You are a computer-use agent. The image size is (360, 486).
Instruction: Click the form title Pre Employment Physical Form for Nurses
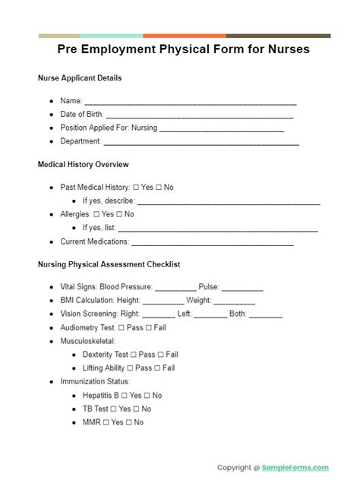click(x=184, y=49)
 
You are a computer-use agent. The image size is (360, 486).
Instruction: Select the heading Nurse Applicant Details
click(x=79, y=78)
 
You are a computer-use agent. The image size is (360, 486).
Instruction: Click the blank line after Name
click(x=190, y=102)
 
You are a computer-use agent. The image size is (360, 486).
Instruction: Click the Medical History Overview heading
click(x=83, y=165)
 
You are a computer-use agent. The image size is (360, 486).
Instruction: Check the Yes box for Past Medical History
click(x=136, y=188)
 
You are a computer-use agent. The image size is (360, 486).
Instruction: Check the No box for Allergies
click(x=117, y=215)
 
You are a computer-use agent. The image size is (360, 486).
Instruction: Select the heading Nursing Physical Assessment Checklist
click(x=109, y=265)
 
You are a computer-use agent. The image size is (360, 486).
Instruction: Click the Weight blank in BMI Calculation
click(x=213, y=301)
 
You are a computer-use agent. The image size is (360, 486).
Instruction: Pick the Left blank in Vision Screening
click(x=210, y=314)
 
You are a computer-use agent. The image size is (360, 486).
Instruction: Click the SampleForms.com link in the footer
click(x=296, y=468)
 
